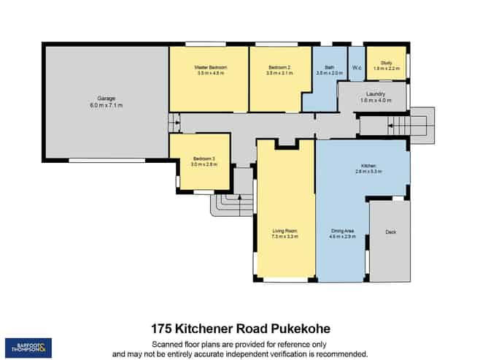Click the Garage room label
(107, 98)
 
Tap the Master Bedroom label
(210, 67)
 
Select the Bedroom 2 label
(280, 67)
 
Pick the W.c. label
(357, 68)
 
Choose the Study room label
(387, 63)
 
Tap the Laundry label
(376, 94)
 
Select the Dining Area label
(342, 231)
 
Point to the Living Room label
(285, 231)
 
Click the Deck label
(390, 232)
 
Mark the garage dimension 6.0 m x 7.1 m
(107, 105)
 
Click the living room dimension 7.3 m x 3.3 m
(285, 237)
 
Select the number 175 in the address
(163, 329)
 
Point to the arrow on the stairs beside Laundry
(392, 126)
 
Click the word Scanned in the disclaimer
(167, 344)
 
